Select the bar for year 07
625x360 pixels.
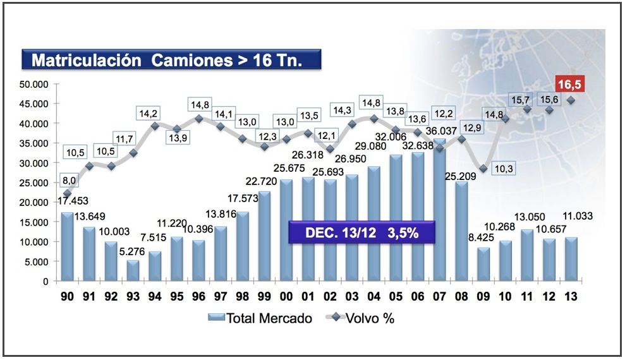coord(440,212)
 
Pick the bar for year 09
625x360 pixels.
coord(483,264)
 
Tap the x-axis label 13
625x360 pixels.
coord(571,296)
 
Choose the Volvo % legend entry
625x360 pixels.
coord(363,318)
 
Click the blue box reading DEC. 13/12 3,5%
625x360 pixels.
coord(361,232)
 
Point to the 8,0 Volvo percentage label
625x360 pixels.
coord(69,179)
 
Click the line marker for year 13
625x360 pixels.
coord(571,100)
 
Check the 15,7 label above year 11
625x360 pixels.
coord(526,100)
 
